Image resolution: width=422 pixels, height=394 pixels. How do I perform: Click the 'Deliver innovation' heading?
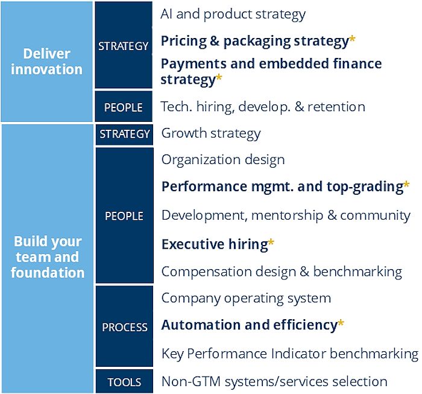pos(46,62)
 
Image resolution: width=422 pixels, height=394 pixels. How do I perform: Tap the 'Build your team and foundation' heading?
pos(48,256)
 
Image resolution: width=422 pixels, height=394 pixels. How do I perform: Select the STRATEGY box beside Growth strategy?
pos(124,135)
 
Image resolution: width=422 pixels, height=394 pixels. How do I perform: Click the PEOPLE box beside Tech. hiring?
pos(124,106)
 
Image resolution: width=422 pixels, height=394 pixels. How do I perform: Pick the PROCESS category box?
pos(124,326)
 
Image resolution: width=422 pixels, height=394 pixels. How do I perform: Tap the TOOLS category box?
pos(124,381)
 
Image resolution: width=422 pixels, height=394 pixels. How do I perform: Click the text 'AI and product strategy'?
pos(233,14)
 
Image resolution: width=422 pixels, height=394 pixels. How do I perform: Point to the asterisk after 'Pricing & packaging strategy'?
pos(352,39)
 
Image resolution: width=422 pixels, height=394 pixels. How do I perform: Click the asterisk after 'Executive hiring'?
pos(271,242)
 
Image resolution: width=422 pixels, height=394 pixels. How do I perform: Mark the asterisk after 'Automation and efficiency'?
pos(341,323)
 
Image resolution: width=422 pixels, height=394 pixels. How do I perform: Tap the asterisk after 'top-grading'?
pos(406,185)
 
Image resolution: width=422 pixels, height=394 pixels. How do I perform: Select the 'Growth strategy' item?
pos(211,133)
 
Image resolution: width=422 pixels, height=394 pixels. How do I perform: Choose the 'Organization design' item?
pos(223,160)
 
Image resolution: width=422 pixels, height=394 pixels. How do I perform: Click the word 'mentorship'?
pos(287,216)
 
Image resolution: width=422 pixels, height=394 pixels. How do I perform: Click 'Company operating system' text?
pos(246,299)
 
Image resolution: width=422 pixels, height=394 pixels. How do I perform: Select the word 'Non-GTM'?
pos(191,381)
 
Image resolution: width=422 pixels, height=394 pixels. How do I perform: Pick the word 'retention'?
pos(336,107)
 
